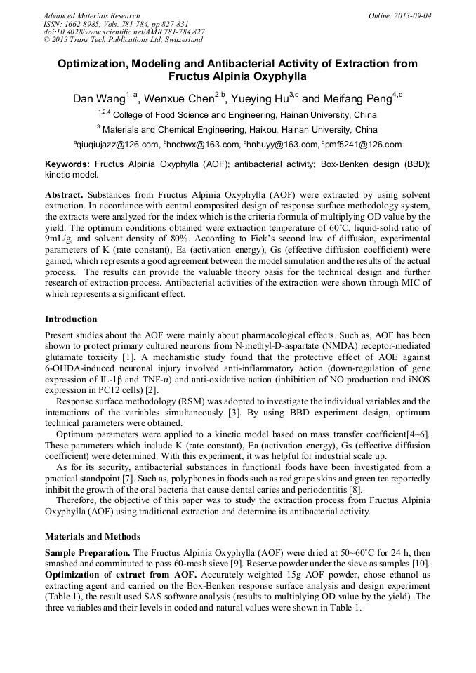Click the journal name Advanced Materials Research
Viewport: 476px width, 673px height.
91,15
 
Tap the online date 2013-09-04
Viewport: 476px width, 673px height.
409,15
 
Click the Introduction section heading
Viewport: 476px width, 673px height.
71,319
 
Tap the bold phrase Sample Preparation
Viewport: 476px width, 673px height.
87,552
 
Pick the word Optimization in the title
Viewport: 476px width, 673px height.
95,64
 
